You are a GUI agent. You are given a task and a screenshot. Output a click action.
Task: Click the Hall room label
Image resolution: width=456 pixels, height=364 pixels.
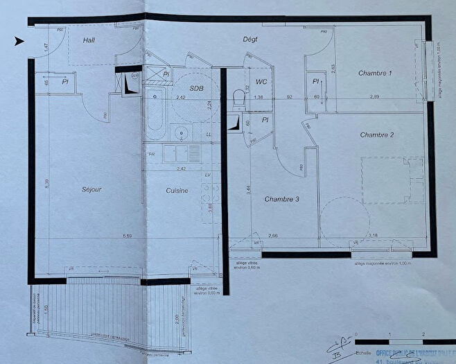coord(89,41)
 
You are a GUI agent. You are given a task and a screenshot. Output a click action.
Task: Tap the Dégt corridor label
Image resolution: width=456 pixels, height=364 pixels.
coord(249,40)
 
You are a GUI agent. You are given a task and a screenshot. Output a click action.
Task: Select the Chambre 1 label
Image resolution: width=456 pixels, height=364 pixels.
coord(375,73)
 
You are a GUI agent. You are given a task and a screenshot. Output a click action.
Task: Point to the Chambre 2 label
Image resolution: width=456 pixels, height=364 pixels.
coord(377,135)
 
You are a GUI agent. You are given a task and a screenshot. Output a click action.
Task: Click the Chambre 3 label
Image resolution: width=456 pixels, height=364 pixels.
coord(281,200)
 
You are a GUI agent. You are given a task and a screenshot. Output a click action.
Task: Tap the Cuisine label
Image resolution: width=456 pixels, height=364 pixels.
coord(177,191)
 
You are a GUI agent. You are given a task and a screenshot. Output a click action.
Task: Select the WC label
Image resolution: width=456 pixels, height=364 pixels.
coord(261,83)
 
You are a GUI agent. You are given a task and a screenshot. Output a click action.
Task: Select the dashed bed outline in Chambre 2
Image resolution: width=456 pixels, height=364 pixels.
coord(392,180)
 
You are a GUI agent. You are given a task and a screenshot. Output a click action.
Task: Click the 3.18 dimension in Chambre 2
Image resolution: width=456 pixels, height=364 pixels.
coord(374,236)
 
